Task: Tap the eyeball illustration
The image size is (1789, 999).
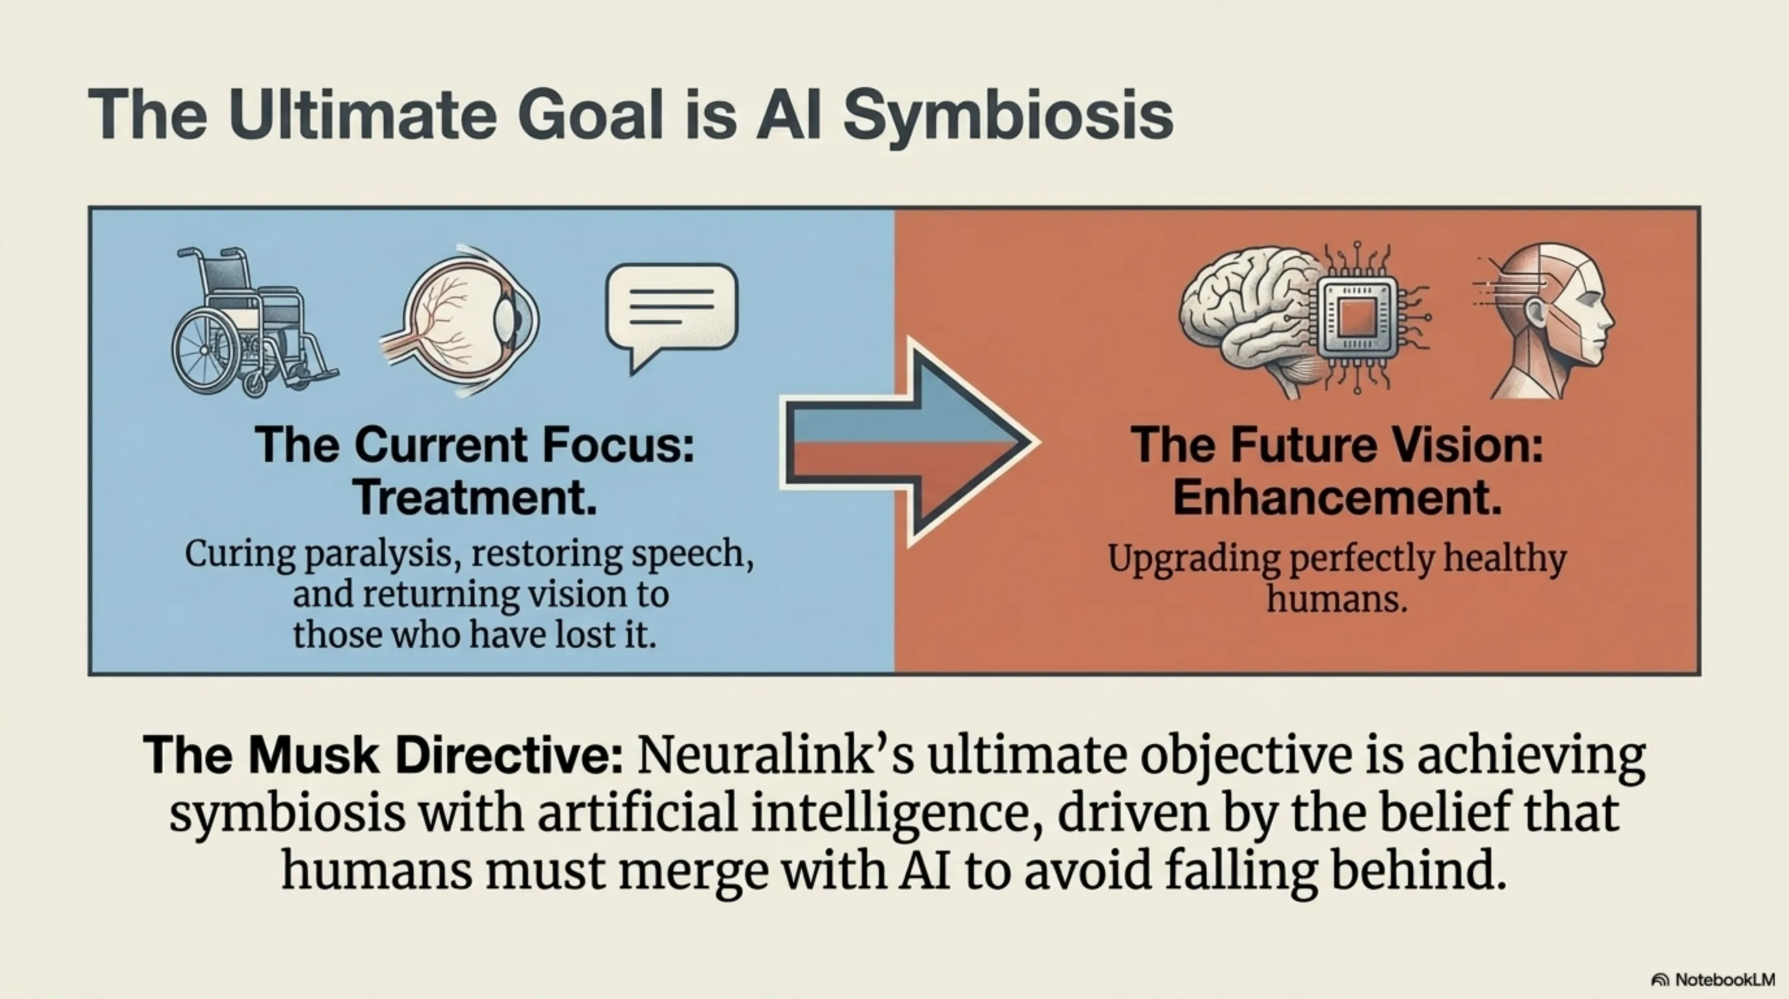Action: (x=462, y=319)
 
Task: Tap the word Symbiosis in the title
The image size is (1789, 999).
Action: (x=1008, y=115)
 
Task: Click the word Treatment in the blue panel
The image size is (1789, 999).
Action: (x=475, y=498)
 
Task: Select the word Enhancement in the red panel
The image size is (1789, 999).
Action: (x=1337, y=498)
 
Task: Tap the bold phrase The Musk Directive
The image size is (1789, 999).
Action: (x=384, y=755)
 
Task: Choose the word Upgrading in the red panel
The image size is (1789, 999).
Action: (x=1194, y=559)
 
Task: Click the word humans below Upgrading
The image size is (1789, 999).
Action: (x=1337, y=599)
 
